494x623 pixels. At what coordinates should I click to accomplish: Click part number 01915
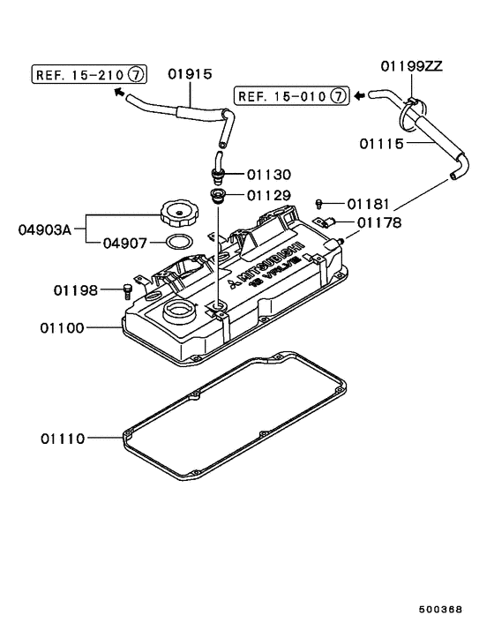tap(190, 75)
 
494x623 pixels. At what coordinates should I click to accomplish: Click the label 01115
tap(383, 141)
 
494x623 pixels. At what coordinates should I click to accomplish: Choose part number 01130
tap(268, 175)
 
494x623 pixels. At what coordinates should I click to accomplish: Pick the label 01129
tap(268, 194)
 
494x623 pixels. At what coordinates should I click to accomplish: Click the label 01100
tap(61, 327)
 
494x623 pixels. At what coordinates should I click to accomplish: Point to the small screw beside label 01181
tap(323, 203)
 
